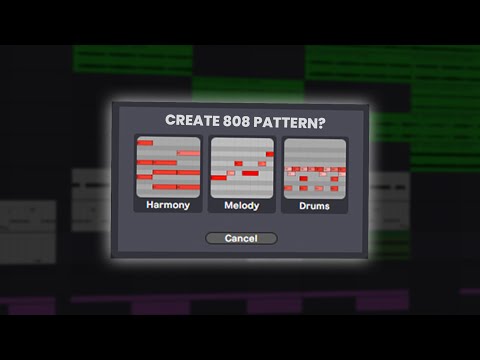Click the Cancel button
[x=240, y=238]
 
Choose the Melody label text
[x=241, y=206]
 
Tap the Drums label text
[x=314, y=206]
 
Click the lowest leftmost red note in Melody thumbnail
[x=219, y=177]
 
